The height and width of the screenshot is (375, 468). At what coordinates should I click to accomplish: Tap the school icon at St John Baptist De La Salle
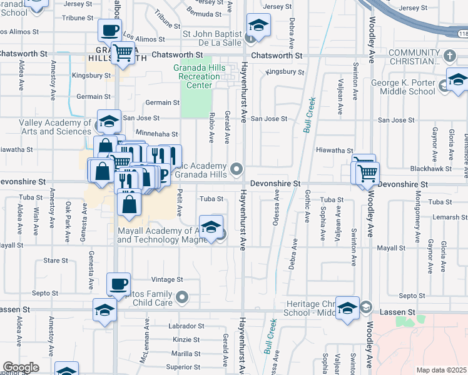click(x=256, y=25)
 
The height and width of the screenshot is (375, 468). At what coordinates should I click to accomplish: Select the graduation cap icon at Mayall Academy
click(x=211, y=226)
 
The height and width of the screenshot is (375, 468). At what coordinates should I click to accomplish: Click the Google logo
click(x=21, y=367)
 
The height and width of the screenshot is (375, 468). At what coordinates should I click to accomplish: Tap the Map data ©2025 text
click(x=440, y=370)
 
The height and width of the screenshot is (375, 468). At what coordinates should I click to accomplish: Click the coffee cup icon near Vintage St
click(x=118, y=284)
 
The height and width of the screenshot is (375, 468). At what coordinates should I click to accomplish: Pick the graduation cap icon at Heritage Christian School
click(x=348, y=307)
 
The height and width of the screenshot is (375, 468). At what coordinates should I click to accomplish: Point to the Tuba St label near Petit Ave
click(x=211, y=199)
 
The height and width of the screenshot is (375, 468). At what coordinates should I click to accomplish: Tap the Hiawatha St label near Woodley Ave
click(x=334, y=150)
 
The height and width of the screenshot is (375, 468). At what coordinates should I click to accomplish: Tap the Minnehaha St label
click(x=157, y=134)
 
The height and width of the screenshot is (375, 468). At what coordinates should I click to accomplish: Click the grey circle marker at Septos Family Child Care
click(x=183, y=297)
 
